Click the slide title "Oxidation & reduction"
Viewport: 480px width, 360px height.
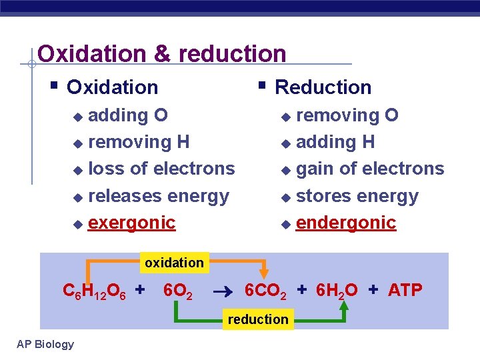tap(162, 53)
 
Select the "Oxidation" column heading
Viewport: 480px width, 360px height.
tap(113, 87)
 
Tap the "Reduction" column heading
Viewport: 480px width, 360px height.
tap(323, 87)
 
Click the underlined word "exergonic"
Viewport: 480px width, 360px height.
tap(131, 223)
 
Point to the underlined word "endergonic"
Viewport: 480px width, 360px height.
tap(346, 223)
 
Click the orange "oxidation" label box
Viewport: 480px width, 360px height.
tap(174, 263)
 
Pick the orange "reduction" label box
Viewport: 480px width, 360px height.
tap(258, 319)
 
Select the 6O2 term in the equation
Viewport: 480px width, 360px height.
tap(178, 291)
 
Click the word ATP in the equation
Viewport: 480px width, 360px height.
tap(405, 291)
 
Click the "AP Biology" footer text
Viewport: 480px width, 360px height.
tap(45, 344)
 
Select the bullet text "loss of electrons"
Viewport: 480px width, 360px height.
tap(161, 169)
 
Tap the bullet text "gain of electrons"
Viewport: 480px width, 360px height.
tap(369, 169)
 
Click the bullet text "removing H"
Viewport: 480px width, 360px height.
tap(139, 142)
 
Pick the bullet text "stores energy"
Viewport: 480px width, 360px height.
tap(357, 196)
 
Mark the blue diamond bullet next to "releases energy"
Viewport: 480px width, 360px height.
tap(78, 197)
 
